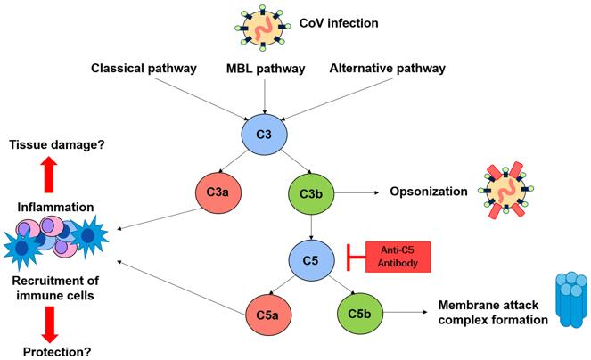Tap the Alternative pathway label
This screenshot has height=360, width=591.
pos(386,68)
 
